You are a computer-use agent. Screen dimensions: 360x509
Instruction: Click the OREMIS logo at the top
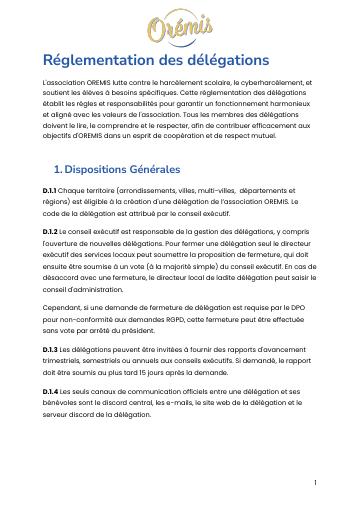[x=179, y=26]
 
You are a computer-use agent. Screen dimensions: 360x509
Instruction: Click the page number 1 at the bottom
[x=315, y=482]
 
